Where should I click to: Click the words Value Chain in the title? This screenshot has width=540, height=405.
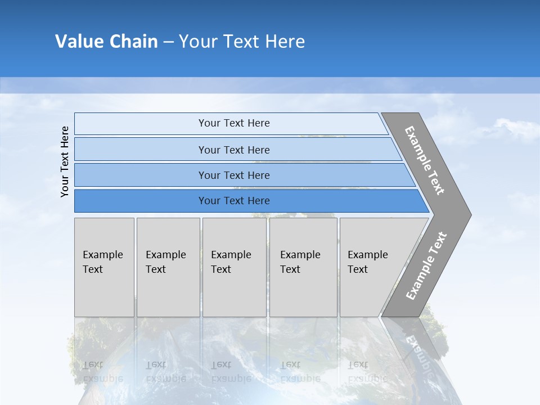pyautogui.click(x=106, y=42)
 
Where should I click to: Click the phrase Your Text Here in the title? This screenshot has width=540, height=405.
pyautogui.click(x=242, y=42)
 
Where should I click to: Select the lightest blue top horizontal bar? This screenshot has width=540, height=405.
pyautogui.click(x=141, y=124)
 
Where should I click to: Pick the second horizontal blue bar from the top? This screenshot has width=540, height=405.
pyautogui.click(x=141, y=150)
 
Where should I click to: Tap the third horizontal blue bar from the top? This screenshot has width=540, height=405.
pyautogui.click(x=141, y=175)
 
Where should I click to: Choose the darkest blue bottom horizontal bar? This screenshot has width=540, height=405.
pyautogui.click(x=141, y=201)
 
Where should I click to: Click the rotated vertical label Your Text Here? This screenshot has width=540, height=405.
pyautogui.click(x=65, y=161)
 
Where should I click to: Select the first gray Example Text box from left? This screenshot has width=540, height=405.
pyautogui.click(x=104, y=267)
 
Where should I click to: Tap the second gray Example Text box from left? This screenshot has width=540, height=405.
pyautogui.click(x=168, y=267)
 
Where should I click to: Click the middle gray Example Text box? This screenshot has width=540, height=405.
pyautogui.click(x=234, y=267)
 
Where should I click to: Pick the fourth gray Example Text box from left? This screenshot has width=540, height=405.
pyautogui.click(x=303, y=267)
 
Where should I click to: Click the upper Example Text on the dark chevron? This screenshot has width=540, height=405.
pyautogui.click(x=425, y=160)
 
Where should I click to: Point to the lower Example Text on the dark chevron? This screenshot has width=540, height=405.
pyautogui.click(x=426, y=266)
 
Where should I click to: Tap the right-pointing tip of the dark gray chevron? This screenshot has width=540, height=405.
pyautogui.click(x=468, y=214)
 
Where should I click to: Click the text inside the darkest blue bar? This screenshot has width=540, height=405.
pyautogui.click(x=234, y=201)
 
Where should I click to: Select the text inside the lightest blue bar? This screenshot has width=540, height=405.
pyautogui.click(x=234, y=123)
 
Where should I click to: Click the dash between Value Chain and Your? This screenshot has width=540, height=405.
pyautogui.click(x=168, y=42)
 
